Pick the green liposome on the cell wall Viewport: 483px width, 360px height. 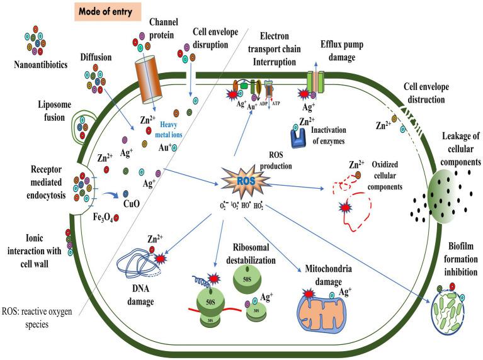click(86, 128)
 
